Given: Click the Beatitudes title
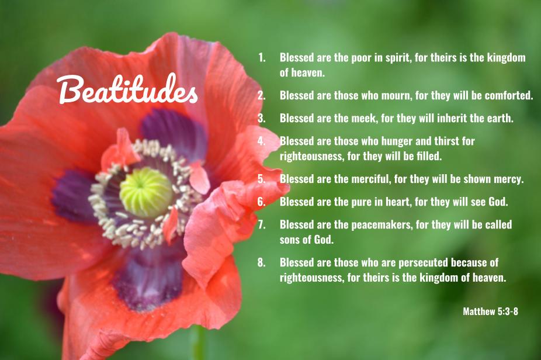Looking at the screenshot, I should pyautogui.click(x=127, y=91).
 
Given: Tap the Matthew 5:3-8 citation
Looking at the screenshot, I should pyautogui.click(x=490, y=311).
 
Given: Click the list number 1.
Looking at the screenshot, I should pyautogui.click(x=261, y=58).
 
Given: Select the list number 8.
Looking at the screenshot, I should pyautogui.click(x=261, y=262).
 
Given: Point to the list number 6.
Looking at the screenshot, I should pyautogui.click(x=261, y=202).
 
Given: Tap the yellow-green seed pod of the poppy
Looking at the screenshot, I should pyautogui.click(x=146, y=192).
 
